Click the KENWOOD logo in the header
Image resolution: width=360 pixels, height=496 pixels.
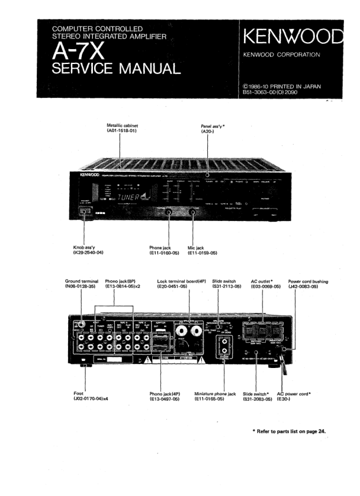pyautogui.click(x=292, y=36)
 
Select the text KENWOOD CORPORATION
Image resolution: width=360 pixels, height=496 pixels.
pyautogui.click(x=282, y=55)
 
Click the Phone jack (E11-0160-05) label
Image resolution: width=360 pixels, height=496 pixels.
pyautogui.click(x=164, y=250)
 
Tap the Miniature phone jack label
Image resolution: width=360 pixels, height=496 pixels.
pyautogui.click(x=215, y=393)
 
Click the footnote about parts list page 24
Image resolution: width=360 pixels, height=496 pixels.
pyautogui.click(x=289, y=431)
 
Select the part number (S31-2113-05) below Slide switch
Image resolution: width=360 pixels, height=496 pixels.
pyautogui.click(x=227, y=286)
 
